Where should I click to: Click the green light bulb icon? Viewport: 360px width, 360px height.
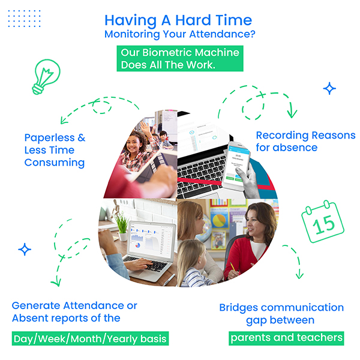pos(46,76)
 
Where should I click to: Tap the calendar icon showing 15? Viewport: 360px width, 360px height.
pos(323,221)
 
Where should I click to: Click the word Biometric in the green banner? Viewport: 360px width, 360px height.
pos(168,53)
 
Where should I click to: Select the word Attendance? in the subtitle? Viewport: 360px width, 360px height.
pos(222,34)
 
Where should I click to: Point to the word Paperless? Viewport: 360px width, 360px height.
pos(50,138)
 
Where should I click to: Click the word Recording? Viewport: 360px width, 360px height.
pos(282,136)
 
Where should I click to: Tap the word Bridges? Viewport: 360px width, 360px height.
pos(239,308)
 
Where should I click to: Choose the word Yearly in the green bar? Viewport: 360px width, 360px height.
pos(122,339)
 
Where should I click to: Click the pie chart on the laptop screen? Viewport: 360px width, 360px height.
pos(137,245)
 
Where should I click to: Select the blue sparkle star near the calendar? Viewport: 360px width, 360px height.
pos(329,88)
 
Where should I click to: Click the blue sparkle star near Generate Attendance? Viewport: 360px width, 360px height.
pos(25,250)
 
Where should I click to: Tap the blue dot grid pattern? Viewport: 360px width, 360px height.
pos(24,19)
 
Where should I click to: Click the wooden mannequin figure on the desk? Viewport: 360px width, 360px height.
pos(115,208)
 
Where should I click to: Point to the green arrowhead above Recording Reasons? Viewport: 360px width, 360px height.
pos(292,113)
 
